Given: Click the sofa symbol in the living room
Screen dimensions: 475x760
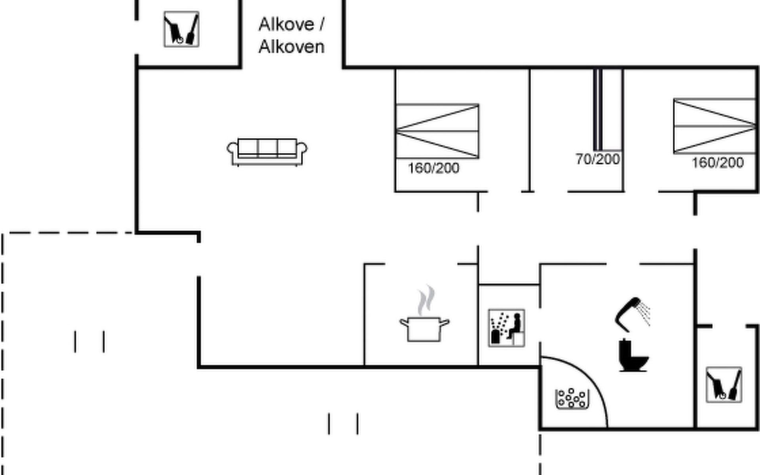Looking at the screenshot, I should point(267,152).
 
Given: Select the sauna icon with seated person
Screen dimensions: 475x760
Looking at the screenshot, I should point(506,328).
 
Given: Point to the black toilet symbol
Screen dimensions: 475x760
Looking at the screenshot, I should point(633,356).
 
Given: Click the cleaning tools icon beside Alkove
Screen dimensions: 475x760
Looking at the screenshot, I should point(181,29).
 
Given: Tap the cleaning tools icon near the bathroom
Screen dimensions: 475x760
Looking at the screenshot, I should point(724,385).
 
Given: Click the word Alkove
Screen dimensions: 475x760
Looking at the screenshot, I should point(286,25).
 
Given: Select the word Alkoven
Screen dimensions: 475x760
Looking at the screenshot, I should point(291,47).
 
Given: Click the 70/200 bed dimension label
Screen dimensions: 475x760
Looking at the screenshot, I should point(598,159).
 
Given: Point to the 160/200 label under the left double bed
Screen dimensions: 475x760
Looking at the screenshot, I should point(433,168).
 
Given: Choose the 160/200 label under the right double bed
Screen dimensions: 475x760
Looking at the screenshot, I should point(717,163).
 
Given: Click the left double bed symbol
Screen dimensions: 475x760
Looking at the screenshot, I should point(437,131).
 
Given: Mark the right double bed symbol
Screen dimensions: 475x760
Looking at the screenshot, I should point(715,126).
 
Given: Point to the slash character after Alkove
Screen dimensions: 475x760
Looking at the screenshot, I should point(321,25).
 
